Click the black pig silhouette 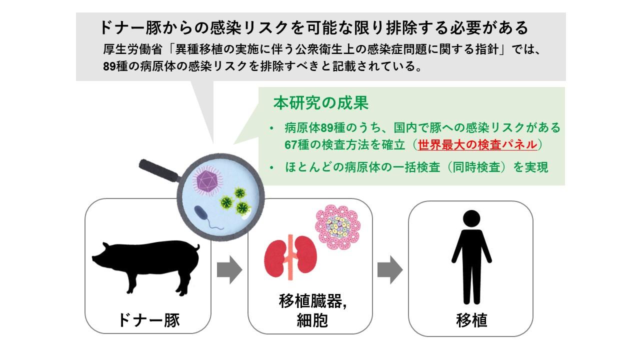pos(145,265)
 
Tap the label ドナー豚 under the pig pos(148,319)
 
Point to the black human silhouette pos(471,255)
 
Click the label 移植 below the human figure pos(471,320)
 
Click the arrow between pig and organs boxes pos(229,270)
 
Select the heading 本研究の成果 pos(320,103)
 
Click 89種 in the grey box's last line pos(116,66)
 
